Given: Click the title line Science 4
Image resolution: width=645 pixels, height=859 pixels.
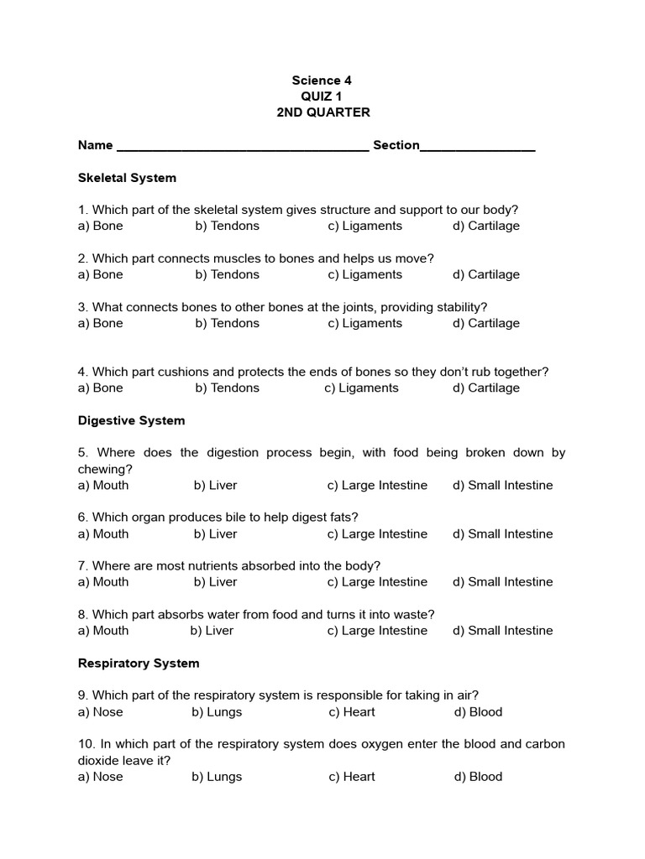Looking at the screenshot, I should [322, 81].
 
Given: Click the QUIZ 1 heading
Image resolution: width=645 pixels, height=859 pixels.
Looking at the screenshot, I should [322, 96].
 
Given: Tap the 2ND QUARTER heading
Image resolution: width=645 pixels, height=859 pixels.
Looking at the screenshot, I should [322, 112].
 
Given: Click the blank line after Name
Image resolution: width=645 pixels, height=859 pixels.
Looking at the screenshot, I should [243, 148].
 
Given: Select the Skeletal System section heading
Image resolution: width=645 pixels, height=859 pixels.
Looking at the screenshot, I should [127, 178].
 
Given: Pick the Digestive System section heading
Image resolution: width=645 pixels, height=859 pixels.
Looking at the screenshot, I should [131, 420].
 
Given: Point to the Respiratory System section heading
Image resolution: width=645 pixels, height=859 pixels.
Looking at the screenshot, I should [139, 663].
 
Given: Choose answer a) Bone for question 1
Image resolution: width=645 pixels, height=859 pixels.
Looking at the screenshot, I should [100, 226].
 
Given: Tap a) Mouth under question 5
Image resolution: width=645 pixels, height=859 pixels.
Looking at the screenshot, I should [103, 485].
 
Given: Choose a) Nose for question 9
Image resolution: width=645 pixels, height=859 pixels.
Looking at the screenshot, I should [100, 711].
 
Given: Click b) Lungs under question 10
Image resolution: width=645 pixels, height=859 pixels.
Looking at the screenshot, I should [217, 776].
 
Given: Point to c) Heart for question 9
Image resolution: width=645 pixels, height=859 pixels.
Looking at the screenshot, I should [352, 711].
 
